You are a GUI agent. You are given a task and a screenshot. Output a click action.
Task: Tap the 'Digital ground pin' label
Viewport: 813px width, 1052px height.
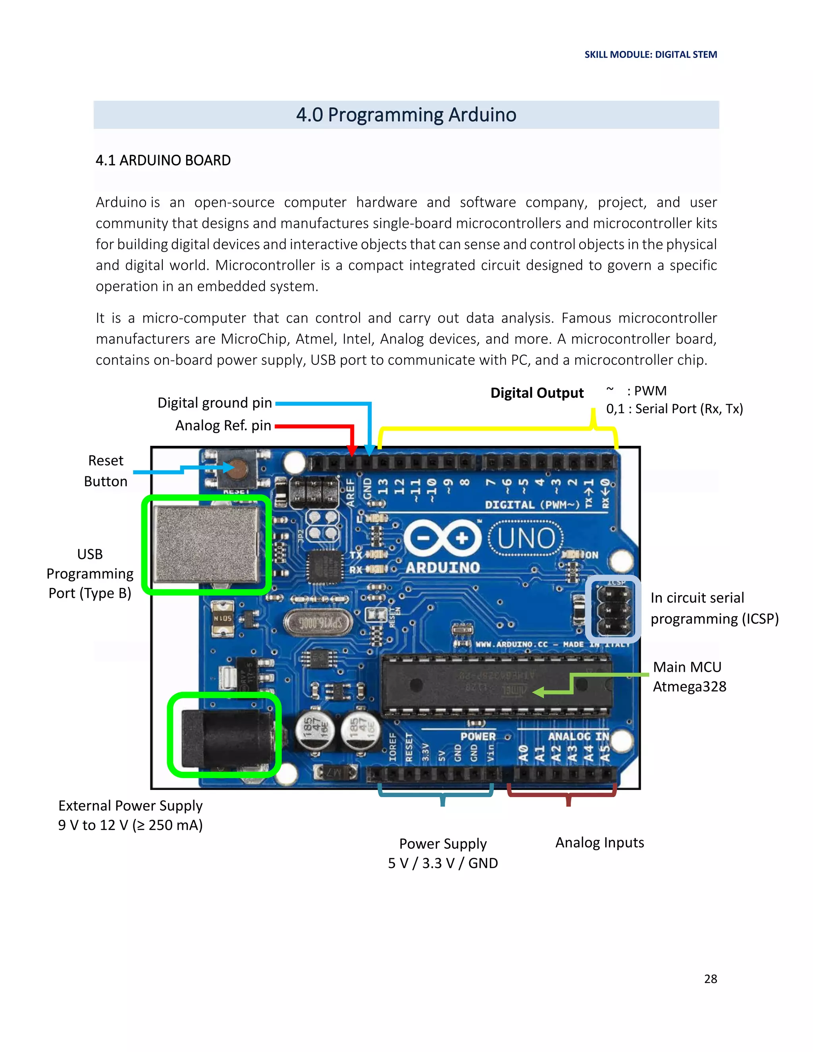(x=215, y=403)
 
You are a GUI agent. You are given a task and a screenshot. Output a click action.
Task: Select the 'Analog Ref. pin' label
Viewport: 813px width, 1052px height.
(x=223, y=425)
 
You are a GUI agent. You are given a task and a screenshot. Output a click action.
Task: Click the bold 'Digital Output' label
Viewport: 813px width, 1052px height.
(x=537, y=393)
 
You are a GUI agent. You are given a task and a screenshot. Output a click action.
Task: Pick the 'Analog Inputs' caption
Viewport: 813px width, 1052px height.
(x=599, y=842)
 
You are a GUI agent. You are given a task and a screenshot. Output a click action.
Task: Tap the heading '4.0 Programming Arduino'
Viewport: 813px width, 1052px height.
(x=406, y=115)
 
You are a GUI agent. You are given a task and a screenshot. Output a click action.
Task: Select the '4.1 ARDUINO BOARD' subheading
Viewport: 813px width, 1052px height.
(x=163, y=160)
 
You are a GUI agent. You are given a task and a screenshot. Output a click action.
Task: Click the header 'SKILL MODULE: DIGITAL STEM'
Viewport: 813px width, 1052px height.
(x=650, y=54)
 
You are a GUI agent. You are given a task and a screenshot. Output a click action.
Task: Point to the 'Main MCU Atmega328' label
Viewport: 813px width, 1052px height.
(x=689, y=677)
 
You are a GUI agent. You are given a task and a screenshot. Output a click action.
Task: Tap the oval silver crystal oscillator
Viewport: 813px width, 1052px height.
(x=318, y=623)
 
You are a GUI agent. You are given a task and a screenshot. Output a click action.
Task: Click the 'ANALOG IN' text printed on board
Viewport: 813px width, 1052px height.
(x=578, y=736)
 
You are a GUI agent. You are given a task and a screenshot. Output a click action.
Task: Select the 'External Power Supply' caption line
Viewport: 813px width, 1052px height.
(x=130, y=806)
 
